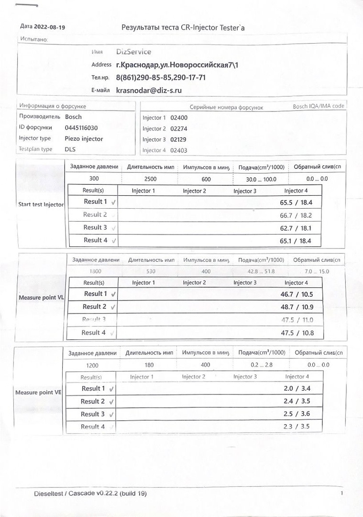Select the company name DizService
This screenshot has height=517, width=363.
[x=134, y=52]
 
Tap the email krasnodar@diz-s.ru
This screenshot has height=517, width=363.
[x=149, y=90]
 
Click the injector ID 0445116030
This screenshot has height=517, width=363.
[x=81, y=128]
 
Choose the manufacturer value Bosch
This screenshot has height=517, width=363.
[x=73, y=117]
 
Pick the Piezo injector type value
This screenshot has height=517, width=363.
[x=84, y=139]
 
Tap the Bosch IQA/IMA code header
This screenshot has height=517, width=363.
[x=319, y=106]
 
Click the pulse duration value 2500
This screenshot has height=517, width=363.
[x=150, y=179]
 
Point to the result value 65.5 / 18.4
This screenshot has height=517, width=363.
[x=296, y=202]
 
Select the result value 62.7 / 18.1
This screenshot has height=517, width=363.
[x=296, y=228]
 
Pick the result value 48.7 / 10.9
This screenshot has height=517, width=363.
[x=297, y=307]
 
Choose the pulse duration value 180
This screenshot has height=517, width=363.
[x=149, y=365]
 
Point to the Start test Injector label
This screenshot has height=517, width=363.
[x=41, y=204]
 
